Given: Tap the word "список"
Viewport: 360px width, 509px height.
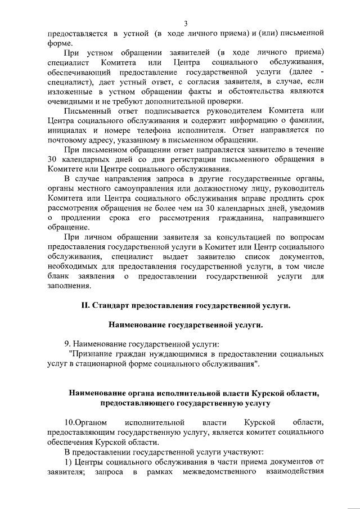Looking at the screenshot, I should pos(256,254).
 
